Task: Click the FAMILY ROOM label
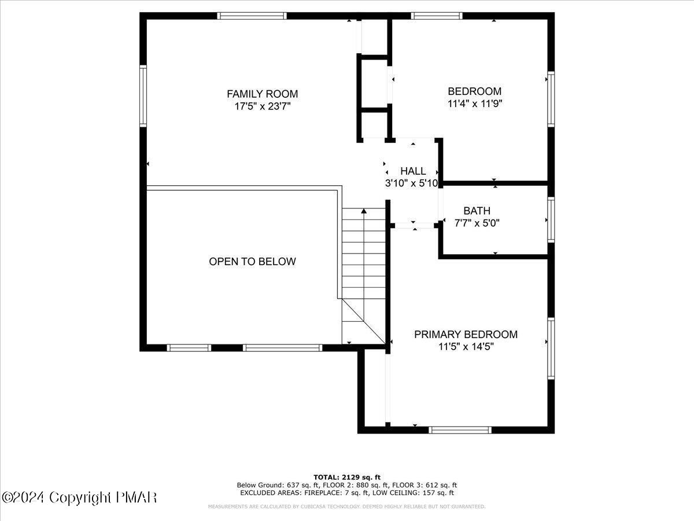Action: [262, 94]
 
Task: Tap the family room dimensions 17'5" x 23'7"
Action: [262, 107]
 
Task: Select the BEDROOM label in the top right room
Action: [474, 91]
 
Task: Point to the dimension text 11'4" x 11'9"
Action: [474, 104]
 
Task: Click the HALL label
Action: [413, 171]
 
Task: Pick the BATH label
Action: [477, 211]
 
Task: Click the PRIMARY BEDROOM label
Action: [466, 335]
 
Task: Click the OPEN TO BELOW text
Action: [252, 262]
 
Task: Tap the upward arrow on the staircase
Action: [363, 213]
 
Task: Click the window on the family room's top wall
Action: [252, 16]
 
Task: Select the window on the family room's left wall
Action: [143, 96]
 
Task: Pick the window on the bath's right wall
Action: [551, 220]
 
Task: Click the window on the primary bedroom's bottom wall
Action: [461, 430]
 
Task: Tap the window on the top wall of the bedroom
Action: [437, 16]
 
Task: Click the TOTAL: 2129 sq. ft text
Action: [347, 477]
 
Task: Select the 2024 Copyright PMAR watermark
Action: [79, 498]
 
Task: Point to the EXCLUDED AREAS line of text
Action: [347, 493]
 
